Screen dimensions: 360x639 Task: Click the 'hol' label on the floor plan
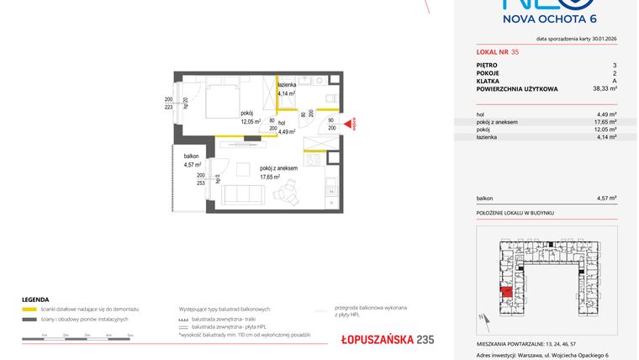[x=281, y=123]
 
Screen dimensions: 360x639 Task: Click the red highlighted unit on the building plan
[x=506, y=293]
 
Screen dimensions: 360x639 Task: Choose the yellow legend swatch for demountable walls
[x=29, y=309]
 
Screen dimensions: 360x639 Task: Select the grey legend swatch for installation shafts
[x=29, y=320]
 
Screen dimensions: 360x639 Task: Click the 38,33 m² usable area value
[x=605, y=87]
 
